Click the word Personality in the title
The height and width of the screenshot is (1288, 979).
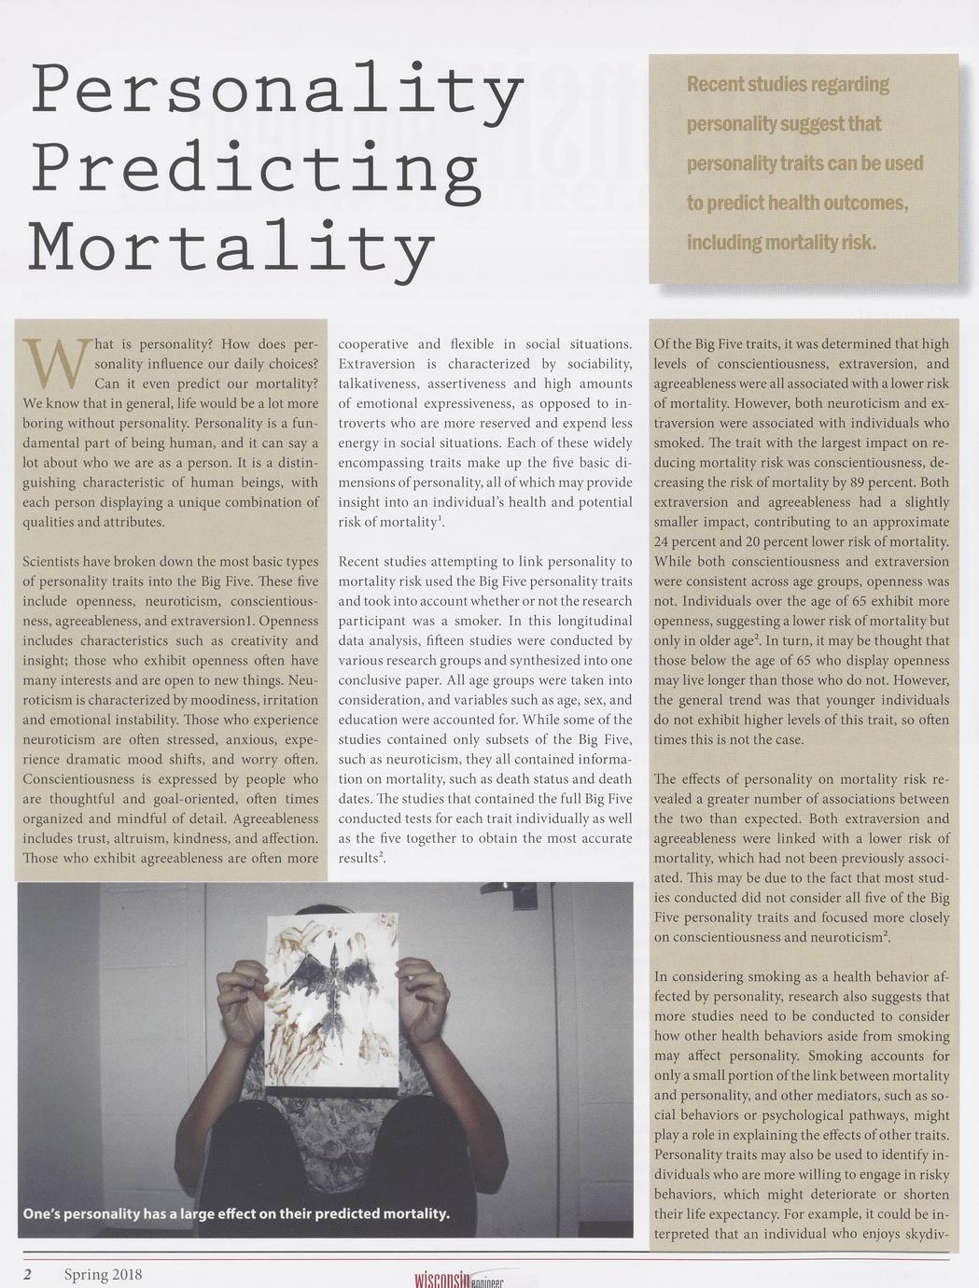[x=276, y=91]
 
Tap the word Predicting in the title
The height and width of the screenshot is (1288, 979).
[x=255, y=170]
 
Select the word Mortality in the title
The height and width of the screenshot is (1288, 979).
[x=231, y=248]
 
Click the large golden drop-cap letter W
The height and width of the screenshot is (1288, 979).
[x=56, y=363]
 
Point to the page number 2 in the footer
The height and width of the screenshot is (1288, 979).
[x=28, y=1274]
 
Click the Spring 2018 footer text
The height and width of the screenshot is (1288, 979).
[x=103, y=1274]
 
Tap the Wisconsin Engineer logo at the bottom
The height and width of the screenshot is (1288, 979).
[x=458, y=1280]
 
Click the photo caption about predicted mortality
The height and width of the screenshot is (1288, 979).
[x=236, y=1213]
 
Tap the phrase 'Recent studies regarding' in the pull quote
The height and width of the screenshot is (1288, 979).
[x=788, y=85]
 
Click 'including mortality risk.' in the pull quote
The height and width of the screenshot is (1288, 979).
[x=781, y=243]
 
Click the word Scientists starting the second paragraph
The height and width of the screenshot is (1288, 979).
[x=52, y=562]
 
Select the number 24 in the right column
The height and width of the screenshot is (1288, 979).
[x=663, y=542]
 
